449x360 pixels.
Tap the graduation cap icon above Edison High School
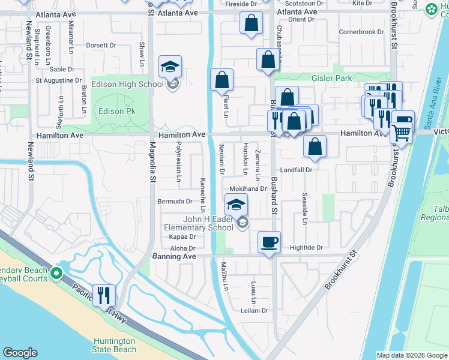[170, 66]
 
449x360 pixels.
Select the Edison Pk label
[117, 111]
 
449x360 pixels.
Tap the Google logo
[20, 353]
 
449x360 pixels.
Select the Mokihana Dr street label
[248, 188]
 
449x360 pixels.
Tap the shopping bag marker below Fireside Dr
[251, 24]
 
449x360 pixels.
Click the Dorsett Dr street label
[101, 44]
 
